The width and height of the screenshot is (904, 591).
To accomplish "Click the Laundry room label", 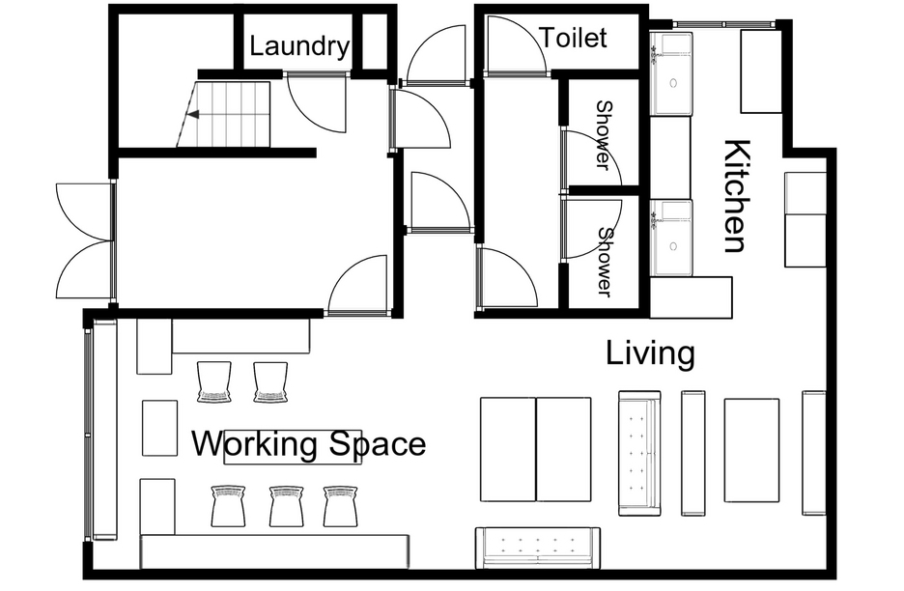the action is pyautogui.click(x=299, y=46).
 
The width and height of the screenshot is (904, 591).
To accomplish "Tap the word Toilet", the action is pyautogui.click(x=573, y=38).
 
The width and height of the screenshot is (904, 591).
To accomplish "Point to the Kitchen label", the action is pyautogui.click(x=736, y=196).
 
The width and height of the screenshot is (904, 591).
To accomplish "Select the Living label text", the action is pyautogui.click(x=650, y=352).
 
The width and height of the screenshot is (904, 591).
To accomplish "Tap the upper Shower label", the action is pyautogui.click(x=603, y=135).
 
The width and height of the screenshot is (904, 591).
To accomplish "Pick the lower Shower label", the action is pyautogui.click(x=605, y=263).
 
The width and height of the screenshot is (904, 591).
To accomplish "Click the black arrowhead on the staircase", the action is pyautogui.click(x=194, y=114).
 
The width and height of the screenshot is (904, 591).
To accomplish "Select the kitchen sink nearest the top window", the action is pyautogui.click(x=671, y=73).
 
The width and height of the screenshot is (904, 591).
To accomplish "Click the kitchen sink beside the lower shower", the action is pyautogui.click(x=671, y=238).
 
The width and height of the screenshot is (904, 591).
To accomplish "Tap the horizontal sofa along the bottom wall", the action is pyautogui.click(x=538, y=547).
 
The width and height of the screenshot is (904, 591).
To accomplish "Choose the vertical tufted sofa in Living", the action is pyautogui.click(x=639, y=453).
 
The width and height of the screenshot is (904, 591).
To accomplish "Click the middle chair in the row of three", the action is pyautogui.click(x=287, y=506).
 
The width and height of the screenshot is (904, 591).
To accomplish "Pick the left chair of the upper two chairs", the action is pyautogui.click(x=214, y=381).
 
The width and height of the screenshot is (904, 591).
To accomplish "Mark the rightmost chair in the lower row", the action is pyautogui.click(x=340, y=506).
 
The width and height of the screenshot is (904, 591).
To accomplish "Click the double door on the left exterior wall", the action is pyautogui.click(x=85, y=240).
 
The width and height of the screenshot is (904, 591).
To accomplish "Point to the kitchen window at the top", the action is pyautogui.click(x=724, y=23).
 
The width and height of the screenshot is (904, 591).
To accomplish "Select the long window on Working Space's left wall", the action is pyautogui.click(x=88, y=435).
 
